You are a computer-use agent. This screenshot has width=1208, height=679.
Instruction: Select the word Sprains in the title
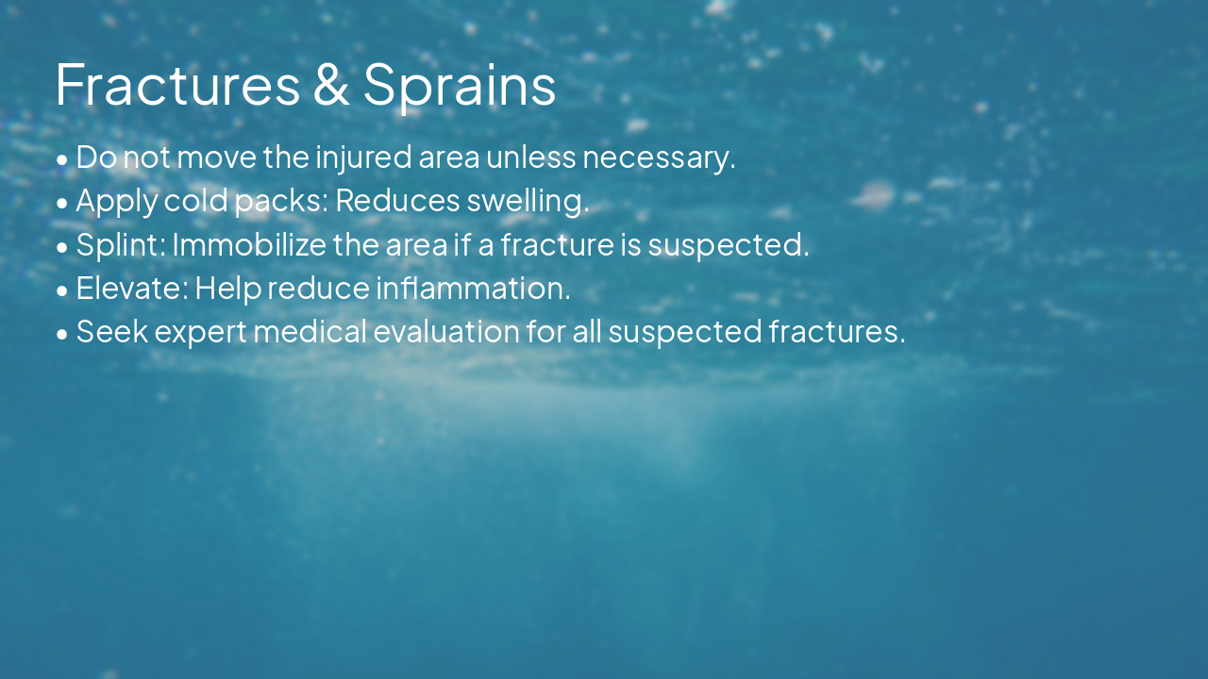(x=460, y=84)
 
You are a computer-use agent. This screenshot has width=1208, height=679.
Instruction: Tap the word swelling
(x=528, y=201)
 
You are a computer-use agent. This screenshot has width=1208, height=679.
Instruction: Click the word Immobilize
(x=249, y=244)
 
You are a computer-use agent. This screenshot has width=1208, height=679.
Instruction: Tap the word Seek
(x=112, y=331)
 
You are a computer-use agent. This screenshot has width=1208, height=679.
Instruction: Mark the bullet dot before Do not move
(x=62, y=159)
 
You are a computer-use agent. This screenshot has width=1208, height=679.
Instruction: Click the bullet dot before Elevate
(x=62, y=290)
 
